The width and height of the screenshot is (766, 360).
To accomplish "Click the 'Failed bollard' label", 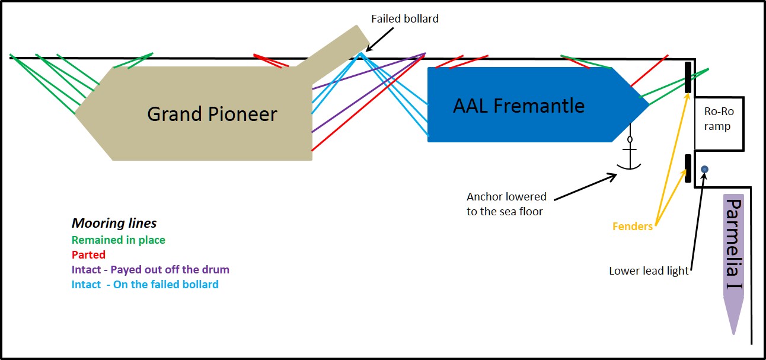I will click(405, 18).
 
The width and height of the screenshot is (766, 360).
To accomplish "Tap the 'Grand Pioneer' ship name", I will click(212, 114).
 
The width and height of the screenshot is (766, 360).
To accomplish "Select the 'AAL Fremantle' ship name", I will click(518, 106).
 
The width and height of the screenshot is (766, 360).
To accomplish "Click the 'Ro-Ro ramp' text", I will click(717, 119).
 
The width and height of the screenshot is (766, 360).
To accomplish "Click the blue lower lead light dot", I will click(704, 170).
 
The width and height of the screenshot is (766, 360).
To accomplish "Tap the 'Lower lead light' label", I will click(649, 271).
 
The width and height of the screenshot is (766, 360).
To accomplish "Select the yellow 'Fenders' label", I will click(632, 226).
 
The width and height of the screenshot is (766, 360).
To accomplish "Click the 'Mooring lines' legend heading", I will click(114, 224).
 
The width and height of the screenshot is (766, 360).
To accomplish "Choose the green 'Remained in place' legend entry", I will click(119, 240).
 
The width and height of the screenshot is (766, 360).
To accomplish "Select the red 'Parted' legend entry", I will click(88, 254).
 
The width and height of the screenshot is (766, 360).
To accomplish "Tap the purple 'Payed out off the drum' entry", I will click(150, 269).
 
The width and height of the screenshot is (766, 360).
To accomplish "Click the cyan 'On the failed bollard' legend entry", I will click(145, 284).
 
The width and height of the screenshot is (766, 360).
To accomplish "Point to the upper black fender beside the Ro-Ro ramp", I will click(688, 77).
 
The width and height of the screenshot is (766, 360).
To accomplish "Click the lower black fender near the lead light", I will click(688, 168).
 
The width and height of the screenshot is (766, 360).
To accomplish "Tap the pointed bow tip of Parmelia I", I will click(734, 332).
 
